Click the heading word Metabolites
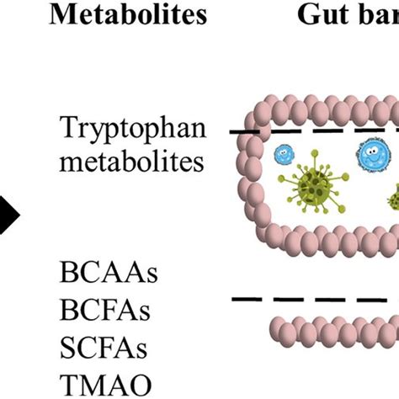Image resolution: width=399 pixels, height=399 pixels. (x=129, y=15)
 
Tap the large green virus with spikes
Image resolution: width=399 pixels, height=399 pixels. (x=318, y=196)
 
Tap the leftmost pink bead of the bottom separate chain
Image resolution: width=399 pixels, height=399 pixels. (x=278, y=326)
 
